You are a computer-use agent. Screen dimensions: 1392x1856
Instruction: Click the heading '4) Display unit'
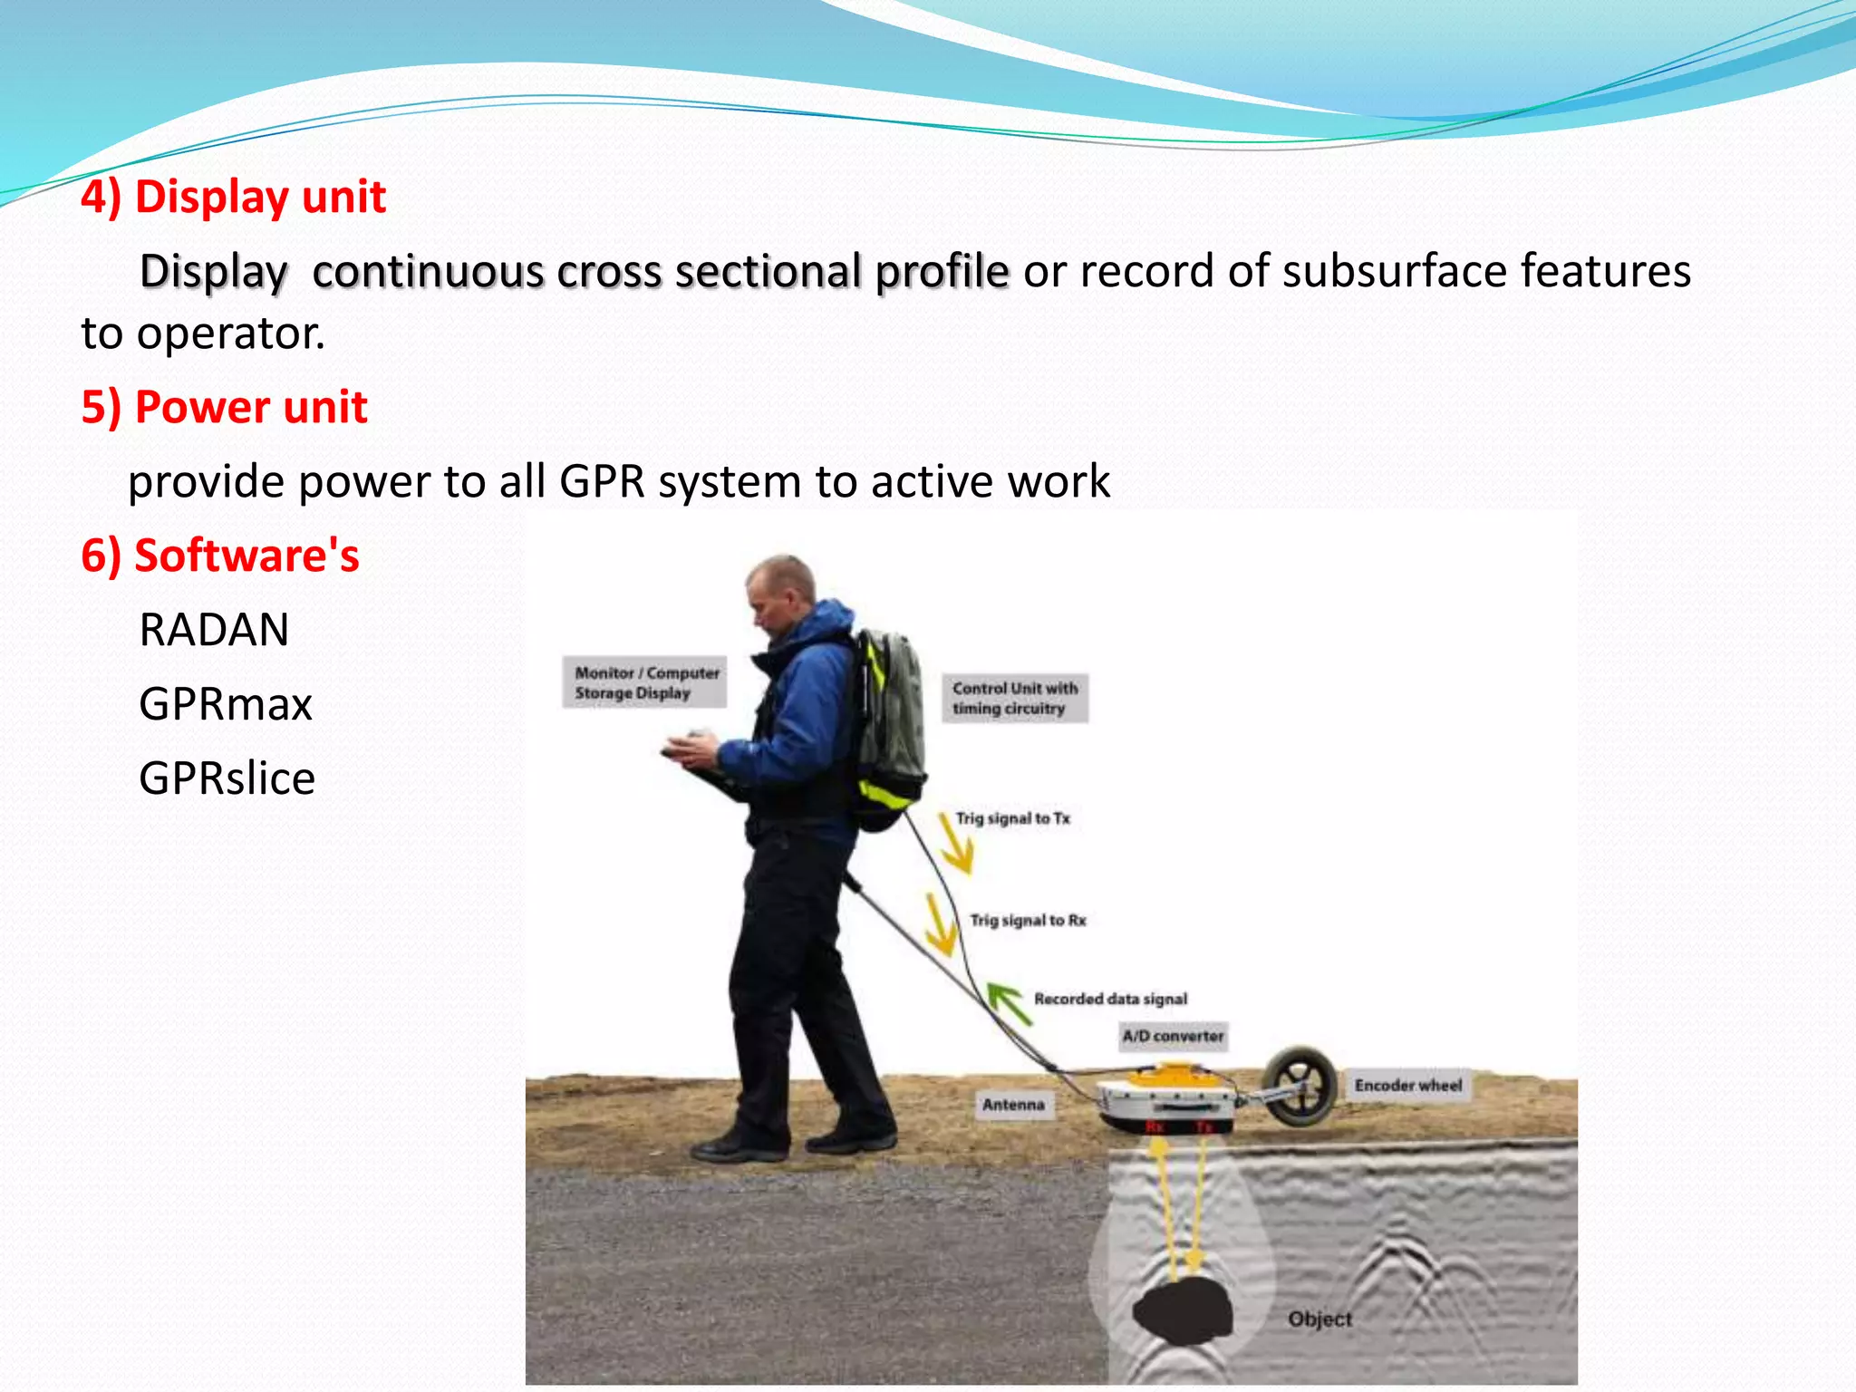(234, 197)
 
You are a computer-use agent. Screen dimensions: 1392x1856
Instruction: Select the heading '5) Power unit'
(224, 407)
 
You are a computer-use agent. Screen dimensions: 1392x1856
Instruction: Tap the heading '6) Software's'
(220, 556)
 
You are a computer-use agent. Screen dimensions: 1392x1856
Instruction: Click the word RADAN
(214, 630)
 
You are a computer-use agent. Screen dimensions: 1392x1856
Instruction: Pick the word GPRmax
(226, 704)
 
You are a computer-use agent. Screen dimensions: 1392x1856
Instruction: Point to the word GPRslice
(227, 778)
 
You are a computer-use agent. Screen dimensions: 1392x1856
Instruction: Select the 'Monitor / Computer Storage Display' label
(645, 682)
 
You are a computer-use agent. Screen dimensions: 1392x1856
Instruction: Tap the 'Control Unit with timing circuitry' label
(1014, 699)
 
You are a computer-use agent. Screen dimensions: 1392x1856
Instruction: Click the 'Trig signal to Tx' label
(1012, 818)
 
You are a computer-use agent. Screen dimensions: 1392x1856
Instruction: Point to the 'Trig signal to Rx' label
(1028, 921)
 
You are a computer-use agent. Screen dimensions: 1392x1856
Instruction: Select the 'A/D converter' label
(1173, 1036)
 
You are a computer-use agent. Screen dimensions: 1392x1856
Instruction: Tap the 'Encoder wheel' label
(1407, 1086)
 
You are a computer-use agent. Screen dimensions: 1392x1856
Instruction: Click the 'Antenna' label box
(1013, 1105)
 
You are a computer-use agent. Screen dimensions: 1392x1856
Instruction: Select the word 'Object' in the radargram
(1319, 1319)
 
